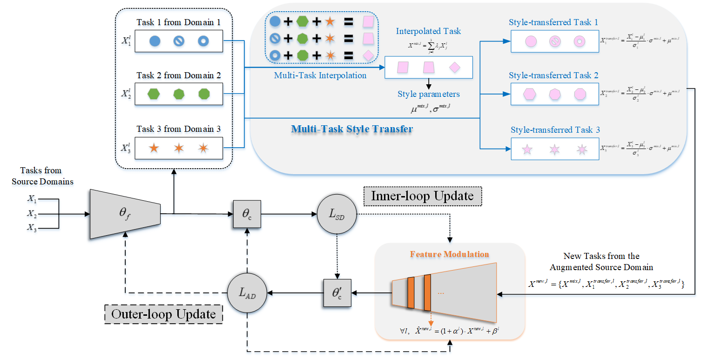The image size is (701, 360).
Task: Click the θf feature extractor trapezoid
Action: click(x=125, y=214)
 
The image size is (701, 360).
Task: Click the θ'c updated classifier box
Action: click(x=337, y=292)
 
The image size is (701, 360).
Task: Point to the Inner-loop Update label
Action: click(x=422, y=196)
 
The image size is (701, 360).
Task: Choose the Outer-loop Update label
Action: click(x=163, y=314)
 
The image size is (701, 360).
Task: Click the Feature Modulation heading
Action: click(x=449, y=254)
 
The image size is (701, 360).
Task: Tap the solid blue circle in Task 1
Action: click(x=155, y=41)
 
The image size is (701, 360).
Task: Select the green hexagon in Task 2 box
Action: click(x=153, y=94)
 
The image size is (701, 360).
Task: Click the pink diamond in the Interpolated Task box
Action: click(x=455, y=68)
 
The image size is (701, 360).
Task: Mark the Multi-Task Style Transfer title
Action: click(x=352, y=129)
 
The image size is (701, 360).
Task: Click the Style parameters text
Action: click(x=428, y=94)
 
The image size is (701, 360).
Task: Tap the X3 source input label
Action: click(x=32, y=228)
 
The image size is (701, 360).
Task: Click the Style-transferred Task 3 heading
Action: click(x=555, y=130)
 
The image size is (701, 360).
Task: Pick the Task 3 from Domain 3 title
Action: click(x=178, y=129)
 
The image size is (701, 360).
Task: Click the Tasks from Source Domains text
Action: click(x=42, y=176)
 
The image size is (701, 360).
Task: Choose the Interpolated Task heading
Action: click(x=428, y=31)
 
